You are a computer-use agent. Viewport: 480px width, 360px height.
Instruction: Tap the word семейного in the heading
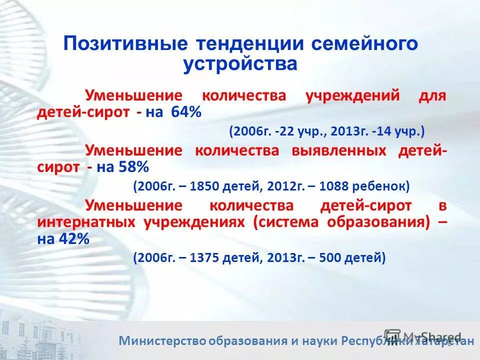tap(364, 43)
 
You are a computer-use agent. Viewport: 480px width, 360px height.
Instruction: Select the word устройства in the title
tap(240, 64)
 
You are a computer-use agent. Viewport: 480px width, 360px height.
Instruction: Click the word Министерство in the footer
tap(162, 341)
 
